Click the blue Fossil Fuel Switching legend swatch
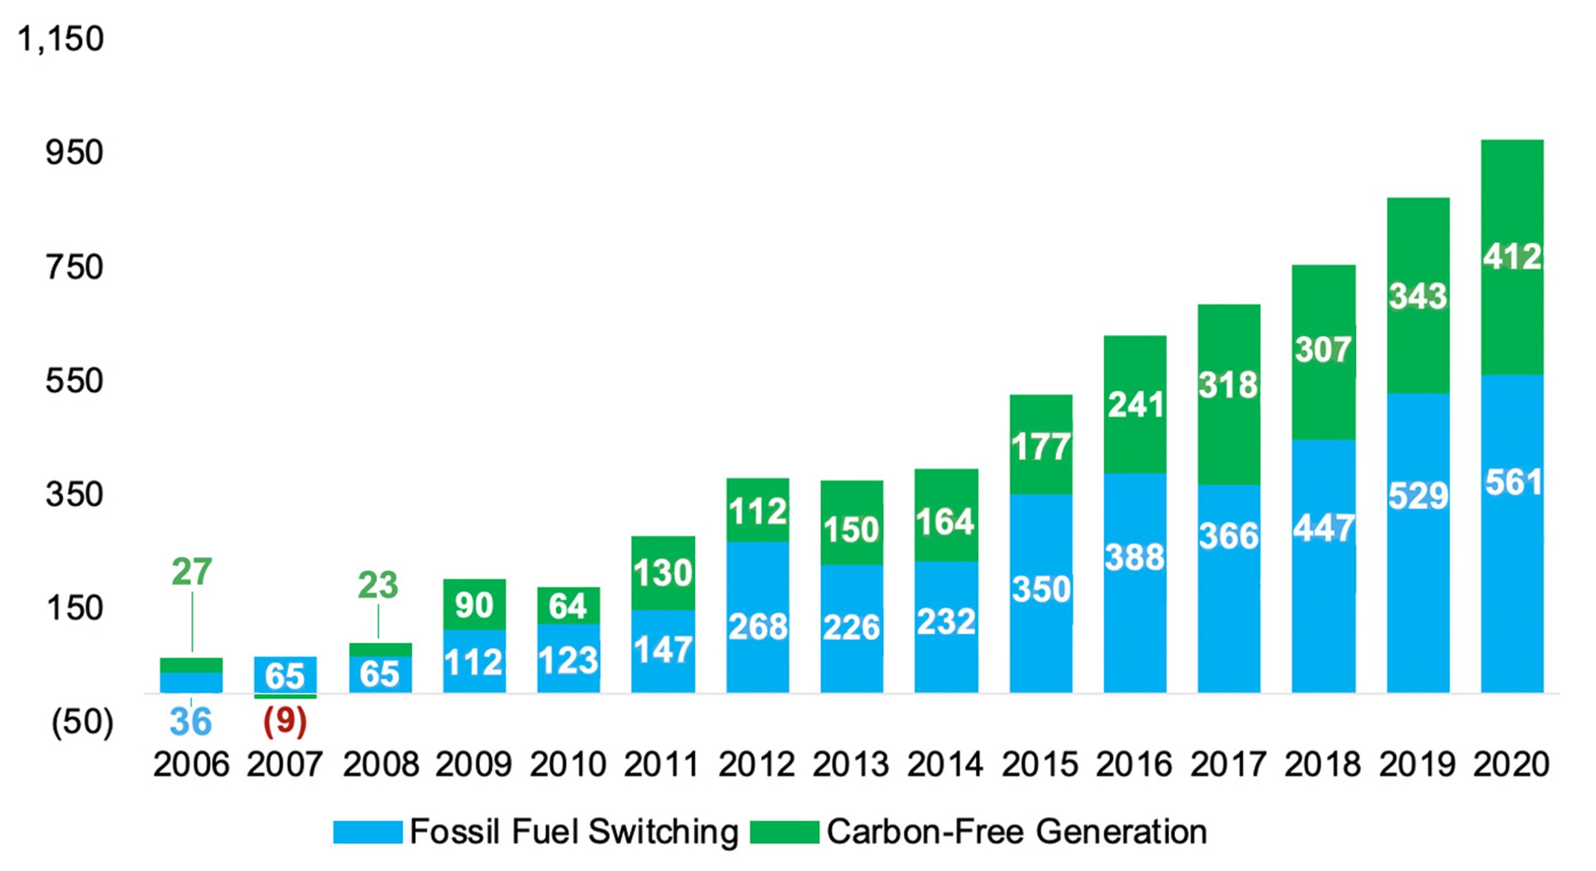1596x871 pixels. (368, 832)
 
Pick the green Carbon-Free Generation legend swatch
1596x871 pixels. (784, 832)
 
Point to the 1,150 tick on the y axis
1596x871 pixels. (61, 39)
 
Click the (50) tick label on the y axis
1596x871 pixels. (82, 722)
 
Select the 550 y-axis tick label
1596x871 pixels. (74, 381)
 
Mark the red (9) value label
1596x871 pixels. (285, 722)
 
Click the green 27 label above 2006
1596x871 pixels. (192, 572)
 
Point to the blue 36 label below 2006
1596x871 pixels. (190, 722)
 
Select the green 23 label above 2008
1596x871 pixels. (378, 586)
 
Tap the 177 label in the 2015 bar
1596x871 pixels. (1040, 447)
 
